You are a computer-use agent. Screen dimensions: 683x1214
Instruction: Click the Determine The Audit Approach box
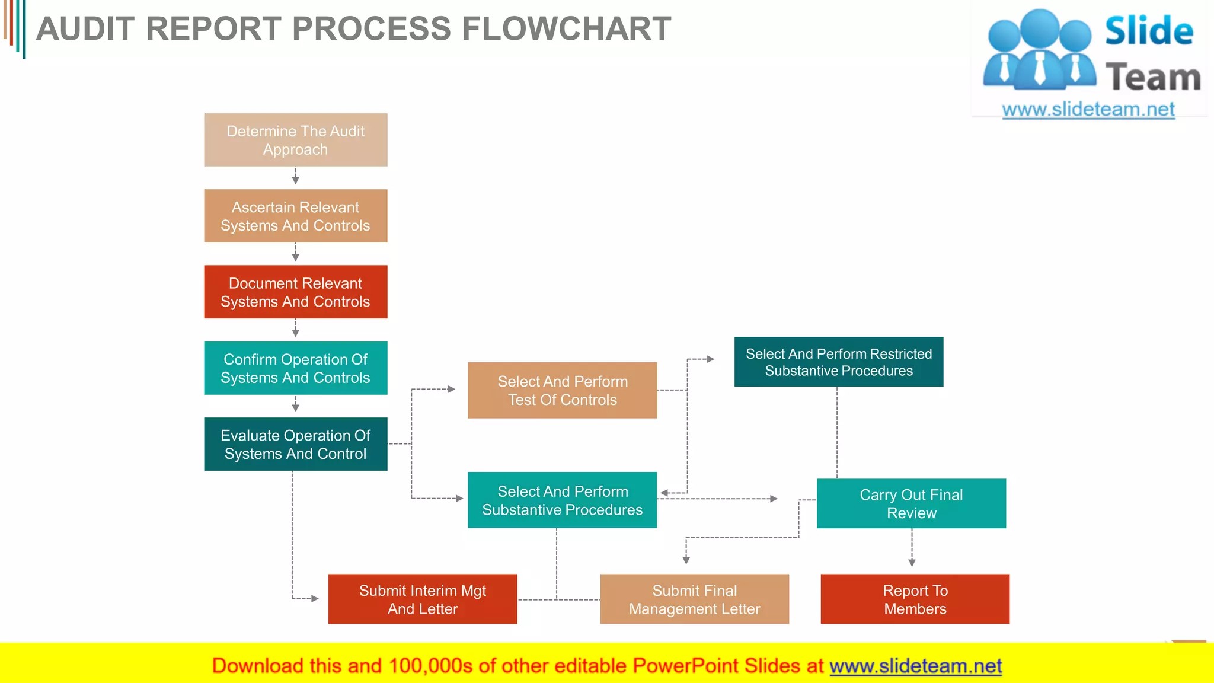coord(295,140)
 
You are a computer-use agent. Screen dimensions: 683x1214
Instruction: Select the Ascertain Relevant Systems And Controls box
coord(295,216)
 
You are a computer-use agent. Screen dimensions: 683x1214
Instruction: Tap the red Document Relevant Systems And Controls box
coord(295,292)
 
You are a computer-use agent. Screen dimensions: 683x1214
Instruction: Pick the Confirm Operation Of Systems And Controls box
coord(295,368)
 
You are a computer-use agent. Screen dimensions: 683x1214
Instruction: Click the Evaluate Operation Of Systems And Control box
coord(295,444)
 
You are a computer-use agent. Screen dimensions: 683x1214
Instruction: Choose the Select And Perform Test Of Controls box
coord(562,390)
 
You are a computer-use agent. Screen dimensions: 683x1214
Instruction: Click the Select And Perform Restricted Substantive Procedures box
coord(838,362)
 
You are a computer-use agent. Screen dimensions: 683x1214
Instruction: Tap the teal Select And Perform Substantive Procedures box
coord(562,500)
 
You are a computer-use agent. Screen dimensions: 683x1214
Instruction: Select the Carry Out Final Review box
coord(911,503)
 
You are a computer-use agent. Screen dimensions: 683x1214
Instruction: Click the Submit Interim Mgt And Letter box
coord(423,599)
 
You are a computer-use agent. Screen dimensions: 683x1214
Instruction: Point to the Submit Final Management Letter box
coord(694,599)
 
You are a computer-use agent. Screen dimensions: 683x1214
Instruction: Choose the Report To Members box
coord(915,599)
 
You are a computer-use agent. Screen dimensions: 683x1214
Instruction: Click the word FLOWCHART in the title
coord(566,28)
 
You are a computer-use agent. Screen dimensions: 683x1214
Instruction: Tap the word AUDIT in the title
coord(85,28)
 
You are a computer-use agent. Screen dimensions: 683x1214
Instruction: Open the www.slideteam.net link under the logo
coord(1088,110)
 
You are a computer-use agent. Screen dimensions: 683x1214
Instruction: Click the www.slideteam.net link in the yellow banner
coord(915,666)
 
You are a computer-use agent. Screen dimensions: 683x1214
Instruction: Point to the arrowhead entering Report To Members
coord(912,563)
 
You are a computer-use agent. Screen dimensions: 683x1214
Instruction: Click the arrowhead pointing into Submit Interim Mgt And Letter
coord(315,599)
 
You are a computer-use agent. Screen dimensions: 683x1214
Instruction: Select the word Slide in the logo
coord(1149,31)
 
